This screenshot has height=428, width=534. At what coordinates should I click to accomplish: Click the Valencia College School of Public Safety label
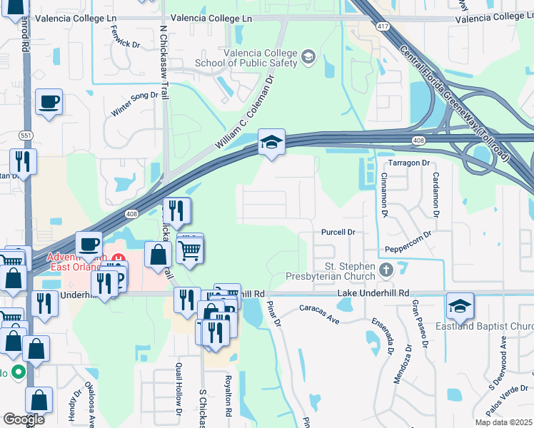[x=260, y=58]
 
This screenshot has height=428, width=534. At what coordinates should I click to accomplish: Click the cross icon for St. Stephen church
[x=386, y=270]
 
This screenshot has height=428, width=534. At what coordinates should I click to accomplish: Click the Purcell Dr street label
[x=338, y=232]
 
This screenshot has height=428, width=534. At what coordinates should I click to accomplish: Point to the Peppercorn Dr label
[x=408, y=244]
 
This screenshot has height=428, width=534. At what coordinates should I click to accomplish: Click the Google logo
[x=24, y=419]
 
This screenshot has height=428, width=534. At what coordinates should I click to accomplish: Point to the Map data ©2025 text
[x=503, y=422]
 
